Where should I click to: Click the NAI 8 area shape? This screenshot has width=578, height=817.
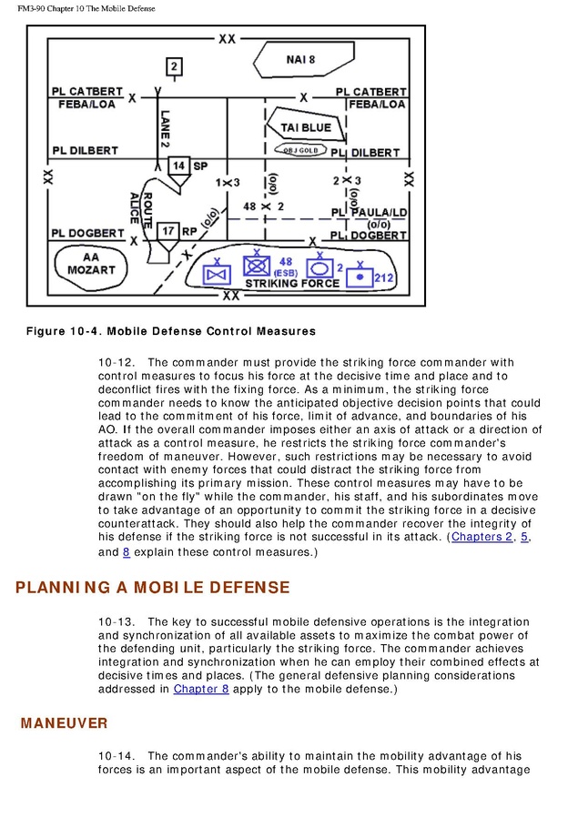tap(300, 60)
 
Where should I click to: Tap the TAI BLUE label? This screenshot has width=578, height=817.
tap(306, 128)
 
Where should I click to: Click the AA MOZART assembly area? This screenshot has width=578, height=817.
tap(91, 264)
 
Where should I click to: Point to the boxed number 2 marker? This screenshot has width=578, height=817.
tap(175, 66)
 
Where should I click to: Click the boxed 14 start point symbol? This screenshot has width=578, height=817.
tap(179, 166)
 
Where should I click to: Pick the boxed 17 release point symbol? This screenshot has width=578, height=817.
tap(167, 232)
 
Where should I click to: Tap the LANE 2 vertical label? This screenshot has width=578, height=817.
tap(165, 128)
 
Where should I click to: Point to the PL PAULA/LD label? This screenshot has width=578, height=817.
tap(368, 213)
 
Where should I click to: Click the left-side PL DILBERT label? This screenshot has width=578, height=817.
tap(85, 150)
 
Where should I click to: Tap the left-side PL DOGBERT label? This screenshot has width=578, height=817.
tap(86, 234)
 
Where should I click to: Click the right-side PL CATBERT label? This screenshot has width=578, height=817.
tap(370, 92)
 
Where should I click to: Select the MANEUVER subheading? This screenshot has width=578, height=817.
tap(64, 723)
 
